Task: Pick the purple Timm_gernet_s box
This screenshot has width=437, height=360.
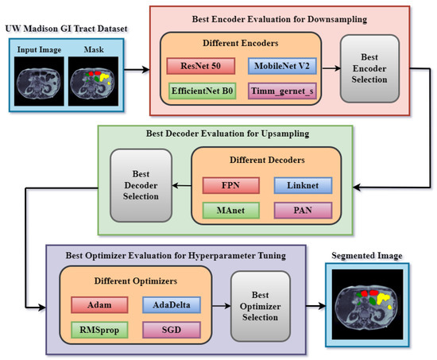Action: [x=280, y=92]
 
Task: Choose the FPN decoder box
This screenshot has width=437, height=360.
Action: [x=230, y=185]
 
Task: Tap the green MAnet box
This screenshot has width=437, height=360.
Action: [x=230, y=210]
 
